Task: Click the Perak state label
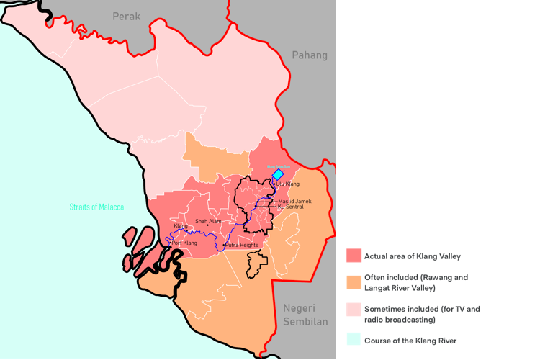pos(125,15)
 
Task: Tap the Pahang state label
pos(310,55)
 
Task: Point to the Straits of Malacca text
pos(96,207)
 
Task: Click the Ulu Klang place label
pos(288,184)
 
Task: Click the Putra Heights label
pos(242,246)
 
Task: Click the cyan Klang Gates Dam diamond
pos(277,174)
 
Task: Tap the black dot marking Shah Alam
pos(208,225)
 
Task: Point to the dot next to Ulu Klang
pos(274,184)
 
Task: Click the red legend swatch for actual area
pos(354,256)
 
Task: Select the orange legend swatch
pos(354,282)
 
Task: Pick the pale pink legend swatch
pos(354,309)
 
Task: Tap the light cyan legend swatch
pos(354,340)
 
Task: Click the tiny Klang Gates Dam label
pos(278,166)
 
